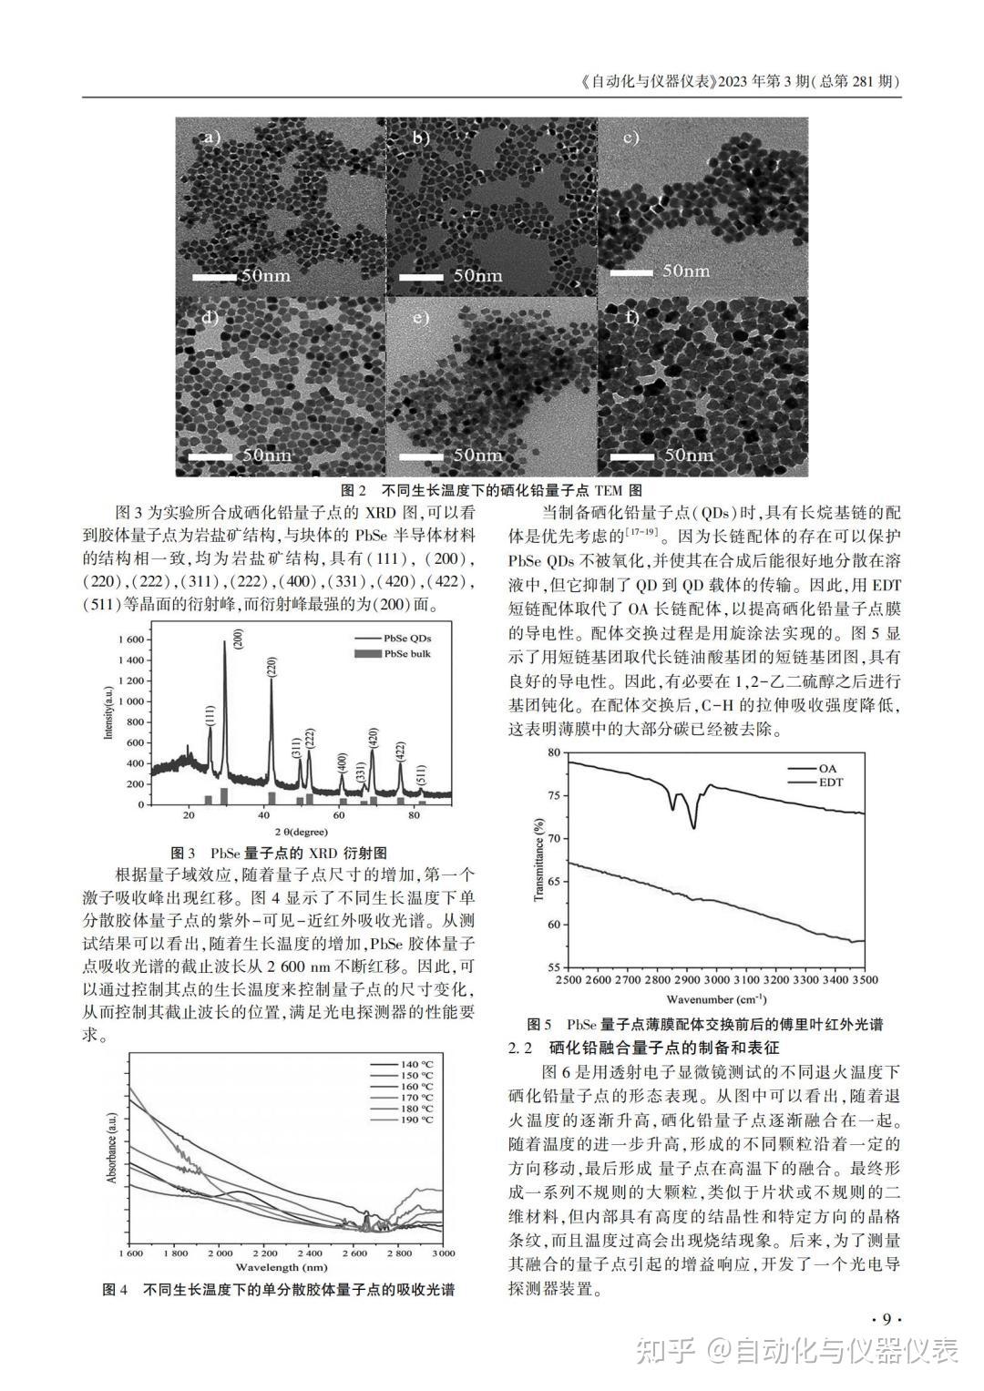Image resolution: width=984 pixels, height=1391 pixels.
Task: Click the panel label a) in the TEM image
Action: pos(212,138)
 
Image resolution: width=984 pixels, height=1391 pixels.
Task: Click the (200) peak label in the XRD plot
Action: pos(239,639)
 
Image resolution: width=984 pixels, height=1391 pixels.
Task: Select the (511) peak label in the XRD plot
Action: pos(421,776)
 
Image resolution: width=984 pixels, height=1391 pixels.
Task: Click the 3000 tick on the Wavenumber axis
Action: pos(715,979)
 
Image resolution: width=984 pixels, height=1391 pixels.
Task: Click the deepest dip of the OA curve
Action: pos(694,827)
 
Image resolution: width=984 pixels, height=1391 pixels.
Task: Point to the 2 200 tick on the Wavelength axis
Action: pos(264,1254)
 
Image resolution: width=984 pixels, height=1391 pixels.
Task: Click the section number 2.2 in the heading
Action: pos(521,1048)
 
